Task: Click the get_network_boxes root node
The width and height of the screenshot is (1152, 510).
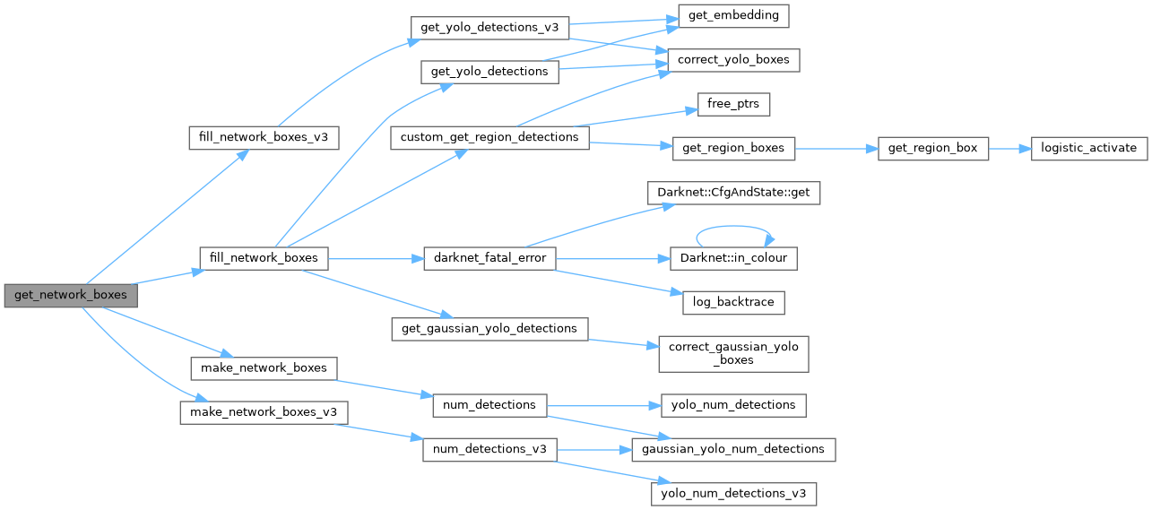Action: coord(70,295)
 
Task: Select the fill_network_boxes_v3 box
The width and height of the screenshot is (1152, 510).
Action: coord(264,138)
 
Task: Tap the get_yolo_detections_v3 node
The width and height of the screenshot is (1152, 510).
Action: coord(489,27)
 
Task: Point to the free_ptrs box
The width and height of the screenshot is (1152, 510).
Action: coord(733,104)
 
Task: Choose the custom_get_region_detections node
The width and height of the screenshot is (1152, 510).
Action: coord(489,137)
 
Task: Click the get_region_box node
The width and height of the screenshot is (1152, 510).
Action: coord(933,148)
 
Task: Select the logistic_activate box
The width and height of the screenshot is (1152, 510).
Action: coord(1088,148)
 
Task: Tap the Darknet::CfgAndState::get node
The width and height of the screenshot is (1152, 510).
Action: coord(733,192)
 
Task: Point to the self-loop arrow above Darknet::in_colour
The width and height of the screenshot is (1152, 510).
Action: coord(733,226)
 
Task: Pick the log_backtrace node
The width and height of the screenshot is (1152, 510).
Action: coord(733,302)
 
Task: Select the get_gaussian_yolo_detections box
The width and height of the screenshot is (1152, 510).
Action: coord(489,328)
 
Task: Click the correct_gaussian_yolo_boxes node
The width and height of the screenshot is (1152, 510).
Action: coord(733,353)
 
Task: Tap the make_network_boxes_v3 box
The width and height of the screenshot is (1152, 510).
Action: coord(264,412)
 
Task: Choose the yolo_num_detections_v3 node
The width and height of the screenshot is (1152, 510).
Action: coord(733,493)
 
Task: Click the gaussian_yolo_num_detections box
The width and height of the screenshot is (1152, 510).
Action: coord(733,449)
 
